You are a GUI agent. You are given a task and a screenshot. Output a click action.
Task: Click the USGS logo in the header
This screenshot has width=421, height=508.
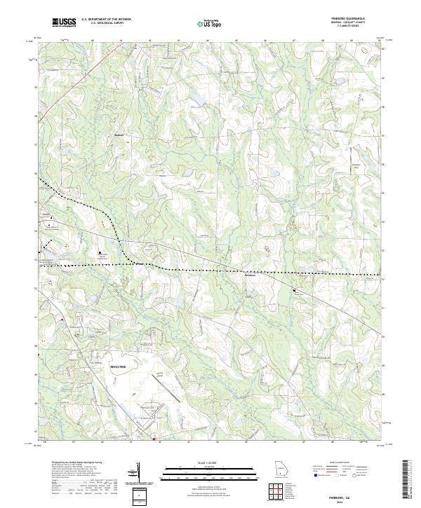pos(64,23)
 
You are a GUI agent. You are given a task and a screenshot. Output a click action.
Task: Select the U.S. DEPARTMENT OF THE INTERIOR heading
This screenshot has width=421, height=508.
pos(106,19)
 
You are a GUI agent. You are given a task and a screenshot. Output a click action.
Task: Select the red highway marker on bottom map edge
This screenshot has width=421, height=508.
pos(153,440)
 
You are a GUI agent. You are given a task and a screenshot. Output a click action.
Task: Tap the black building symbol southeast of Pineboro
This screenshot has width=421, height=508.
pos(295,291)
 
